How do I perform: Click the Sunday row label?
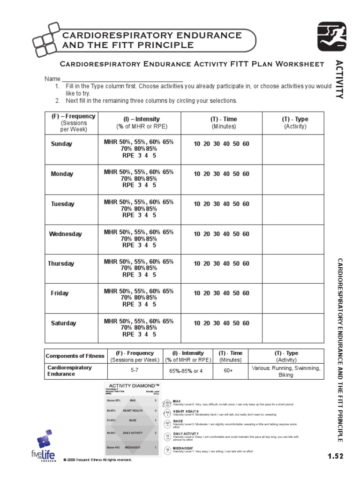(x=61, y=144)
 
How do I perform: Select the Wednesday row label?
(x=65, y=234)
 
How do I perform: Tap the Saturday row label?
(x=63, y=323)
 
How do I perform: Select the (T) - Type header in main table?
(x=292, y=123)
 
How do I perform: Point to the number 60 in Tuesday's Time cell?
(x=246, y=204)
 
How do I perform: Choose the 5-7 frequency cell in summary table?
(x=135, y=370)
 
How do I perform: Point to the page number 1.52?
(x=335, y=456)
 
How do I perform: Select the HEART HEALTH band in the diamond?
(x=133, y=410)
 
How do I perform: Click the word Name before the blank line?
(x=52, y=79)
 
